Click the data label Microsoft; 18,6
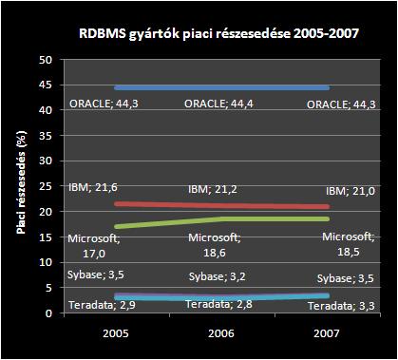pyautogui.click(x=217, y=243)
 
